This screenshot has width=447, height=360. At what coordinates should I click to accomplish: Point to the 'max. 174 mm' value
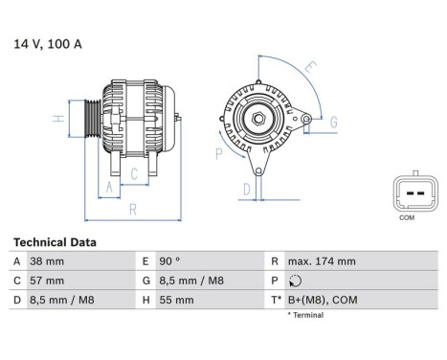tap(323, 261)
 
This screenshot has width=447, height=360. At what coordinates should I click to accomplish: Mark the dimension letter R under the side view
tap(130, 208)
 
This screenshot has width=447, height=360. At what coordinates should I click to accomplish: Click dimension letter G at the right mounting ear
tap(332, 122)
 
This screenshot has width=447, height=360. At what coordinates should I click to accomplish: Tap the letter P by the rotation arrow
tap(218, 152)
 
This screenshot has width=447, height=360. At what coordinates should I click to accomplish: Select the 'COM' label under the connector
tap(406, 218)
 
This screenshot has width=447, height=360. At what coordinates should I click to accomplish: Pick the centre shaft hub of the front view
tap(258, 119)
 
